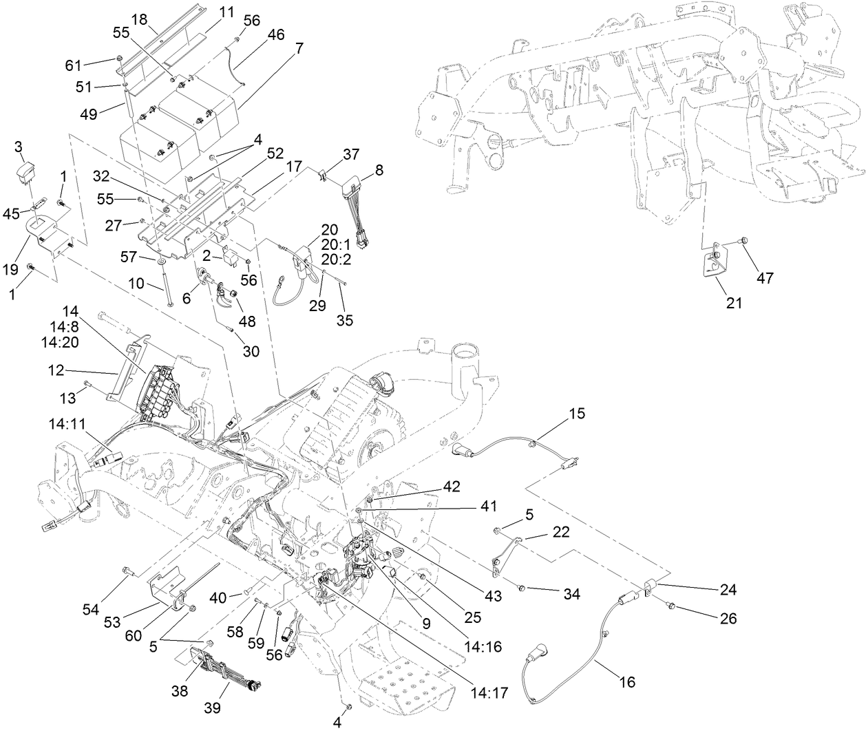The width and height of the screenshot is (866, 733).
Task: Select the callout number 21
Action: (x=735, y=301)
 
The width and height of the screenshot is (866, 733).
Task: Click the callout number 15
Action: (x=576, y=414)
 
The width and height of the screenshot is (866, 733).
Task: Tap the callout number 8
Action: (x=379, y=169)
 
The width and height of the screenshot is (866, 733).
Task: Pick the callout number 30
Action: (x=251, y=350)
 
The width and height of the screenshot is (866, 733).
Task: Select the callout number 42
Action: (x=451, y=486)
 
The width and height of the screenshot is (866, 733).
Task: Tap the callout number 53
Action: (x=123, y=622)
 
